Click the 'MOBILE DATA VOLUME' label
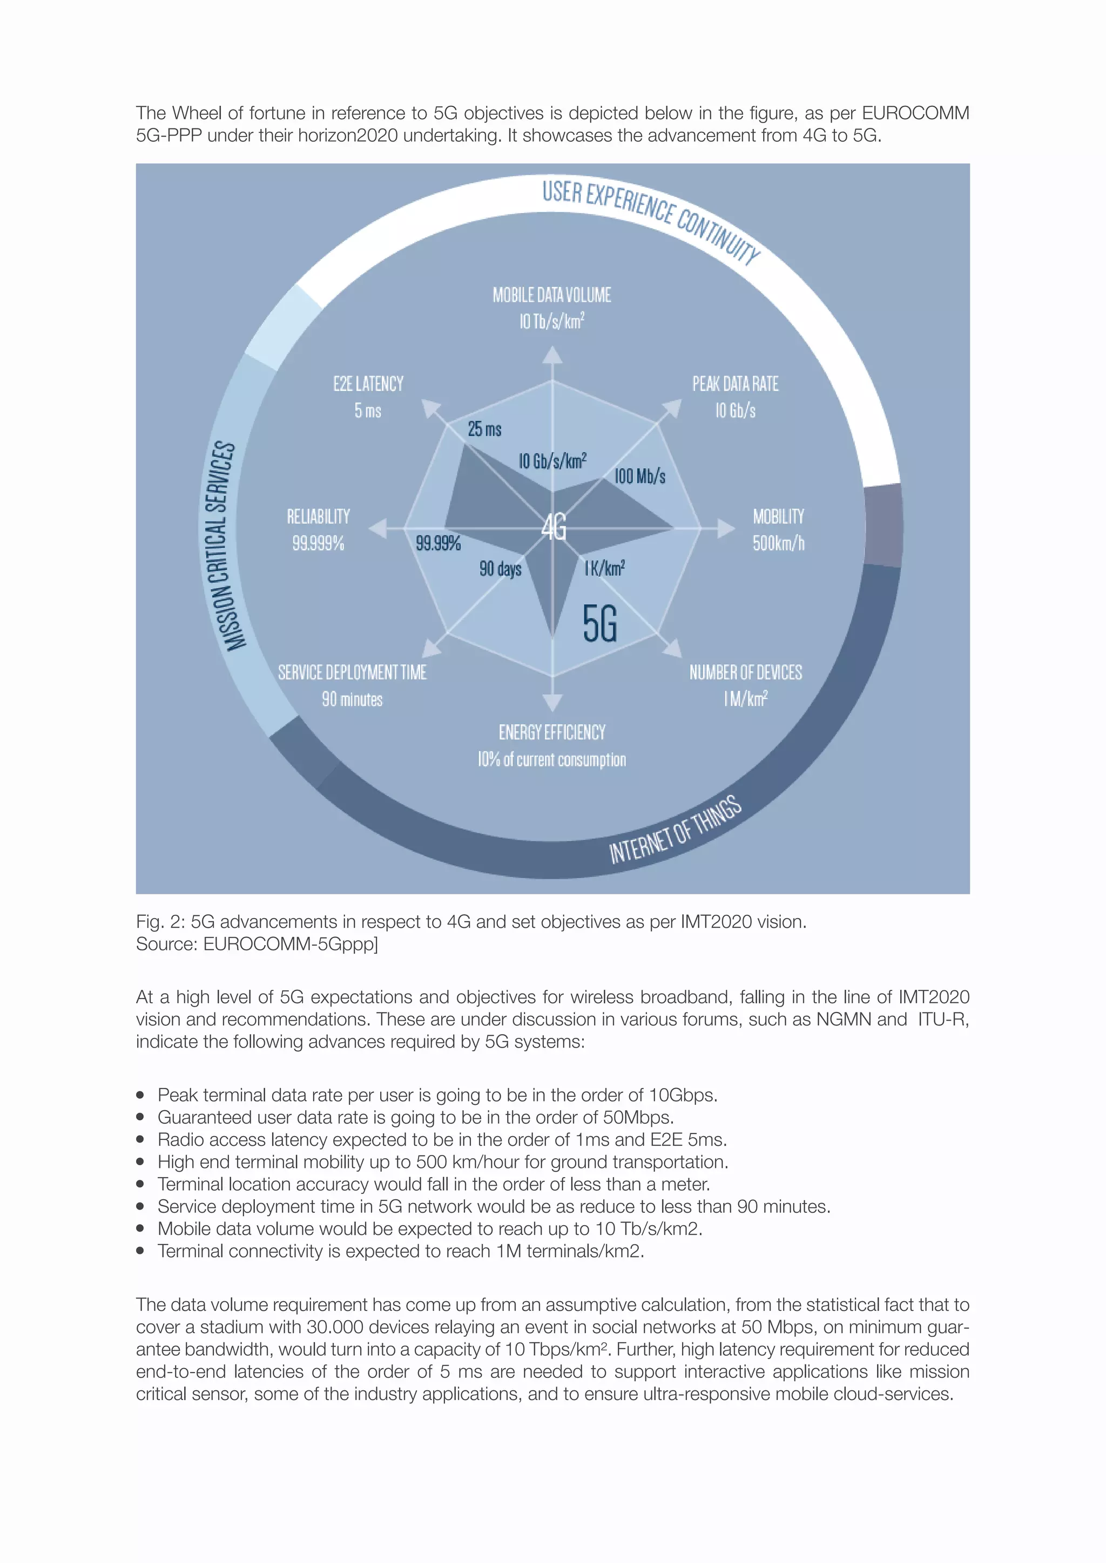coord(551,295)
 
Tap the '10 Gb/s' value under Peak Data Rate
coord(735,411)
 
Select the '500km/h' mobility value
coord(778,543)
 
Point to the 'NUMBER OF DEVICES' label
coord(746,672)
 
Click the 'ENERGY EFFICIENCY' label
coord(551,732)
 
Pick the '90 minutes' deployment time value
coord(352,699)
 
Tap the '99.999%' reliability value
coord(318,543)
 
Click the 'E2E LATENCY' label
coord(368,384)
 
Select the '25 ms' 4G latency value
coord(484,429)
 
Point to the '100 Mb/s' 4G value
coord(639,476)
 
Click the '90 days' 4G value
coord(500,568)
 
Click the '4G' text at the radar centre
coord(554,527)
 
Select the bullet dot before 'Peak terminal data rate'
coord(140,1095)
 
